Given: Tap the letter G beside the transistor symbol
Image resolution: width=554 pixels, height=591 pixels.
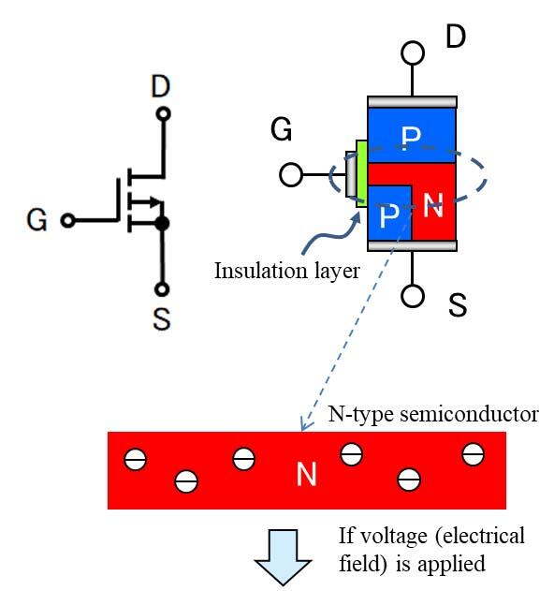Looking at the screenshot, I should (x=36, y=222).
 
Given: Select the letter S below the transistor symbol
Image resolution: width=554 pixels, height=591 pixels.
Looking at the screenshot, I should (x=161, y=319).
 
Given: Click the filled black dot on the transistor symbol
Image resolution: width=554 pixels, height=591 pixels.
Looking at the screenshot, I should (x=162, y=223).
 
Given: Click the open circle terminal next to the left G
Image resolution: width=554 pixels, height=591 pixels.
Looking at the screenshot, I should (x=66, y=222).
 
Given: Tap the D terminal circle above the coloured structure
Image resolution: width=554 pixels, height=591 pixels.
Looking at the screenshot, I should (x=412, y=52).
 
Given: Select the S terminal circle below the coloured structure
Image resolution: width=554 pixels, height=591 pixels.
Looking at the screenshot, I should (x=412, y=296).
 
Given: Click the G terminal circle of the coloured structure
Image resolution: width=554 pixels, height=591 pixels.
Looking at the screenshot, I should (x=291, y=174).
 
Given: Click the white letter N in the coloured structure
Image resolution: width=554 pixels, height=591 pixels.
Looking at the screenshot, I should (x=432, y=207).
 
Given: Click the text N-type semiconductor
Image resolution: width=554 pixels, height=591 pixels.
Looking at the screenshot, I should (x=432, y=414).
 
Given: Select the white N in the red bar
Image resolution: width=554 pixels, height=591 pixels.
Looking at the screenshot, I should (x=306, y=475).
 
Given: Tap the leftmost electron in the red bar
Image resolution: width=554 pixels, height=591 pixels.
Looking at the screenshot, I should (x=136, y=460).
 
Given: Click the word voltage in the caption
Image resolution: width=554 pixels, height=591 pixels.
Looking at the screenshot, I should (x=403, y=537).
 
